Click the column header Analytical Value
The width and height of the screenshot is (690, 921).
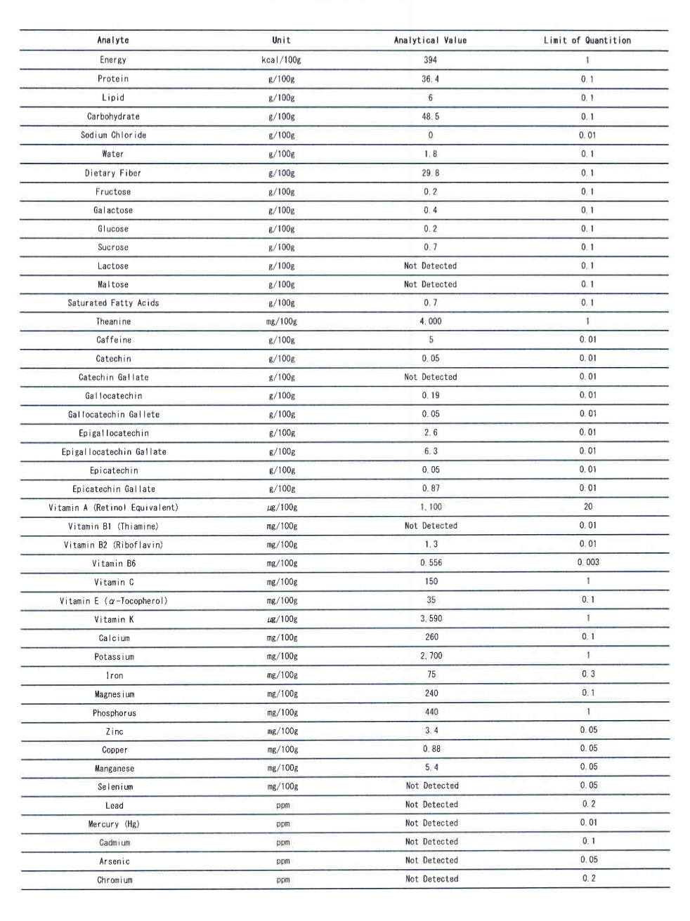[430, 41]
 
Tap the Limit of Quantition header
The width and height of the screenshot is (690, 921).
[587, 41]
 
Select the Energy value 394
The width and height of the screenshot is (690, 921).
[430, 60]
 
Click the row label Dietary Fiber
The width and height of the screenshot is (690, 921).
[113, 173]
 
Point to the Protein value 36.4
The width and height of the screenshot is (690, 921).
[430, 79]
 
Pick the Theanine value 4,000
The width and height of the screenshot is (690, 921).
[430, 322]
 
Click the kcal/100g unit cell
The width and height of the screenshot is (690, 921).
[281, 60]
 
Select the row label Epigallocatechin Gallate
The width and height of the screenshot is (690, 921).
[114, 452]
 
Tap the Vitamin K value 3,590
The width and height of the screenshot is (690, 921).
[431, 618]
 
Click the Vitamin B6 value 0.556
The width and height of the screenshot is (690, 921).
[431, 563]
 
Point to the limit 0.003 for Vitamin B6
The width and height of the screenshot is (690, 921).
[588, 562]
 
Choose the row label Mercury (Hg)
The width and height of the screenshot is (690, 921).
[114, 824]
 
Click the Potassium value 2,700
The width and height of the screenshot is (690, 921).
[431, 656]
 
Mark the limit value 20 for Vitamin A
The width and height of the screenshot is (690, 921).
[588, 506]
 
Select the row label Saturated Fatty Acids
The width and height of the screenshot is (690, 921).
[113, 303]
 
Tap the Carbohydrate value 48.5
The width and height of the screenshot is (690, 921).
[430, 117]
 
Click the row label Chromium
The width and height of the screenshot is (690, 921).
[115, 880]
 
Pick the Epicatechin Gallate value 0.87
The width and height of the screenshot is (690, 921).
[430, 489]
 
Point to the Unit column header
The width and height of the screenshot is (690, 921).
[281, 41]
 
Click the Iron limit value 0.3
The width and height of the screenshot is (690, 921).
[588, 674]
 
